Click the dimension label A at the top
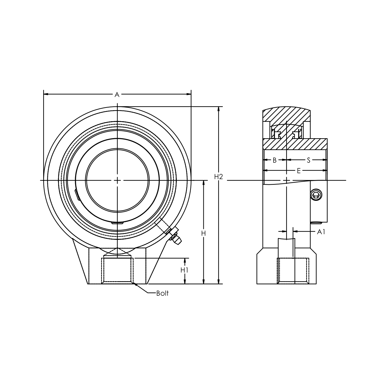[117, 95]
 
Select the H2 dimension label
[218, 177]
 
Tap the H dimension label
[204, 233]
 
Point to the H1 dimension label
[185, 270]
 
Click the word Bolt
[162, 293]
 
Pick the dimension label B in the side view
[275, 160]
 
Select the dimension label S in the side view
[309, 160]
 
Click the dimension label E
[299, 171]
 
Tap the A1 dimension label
[321, 232]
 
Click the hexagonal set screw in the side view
[316, 195]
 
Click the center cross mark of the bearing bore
[117, 180]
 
